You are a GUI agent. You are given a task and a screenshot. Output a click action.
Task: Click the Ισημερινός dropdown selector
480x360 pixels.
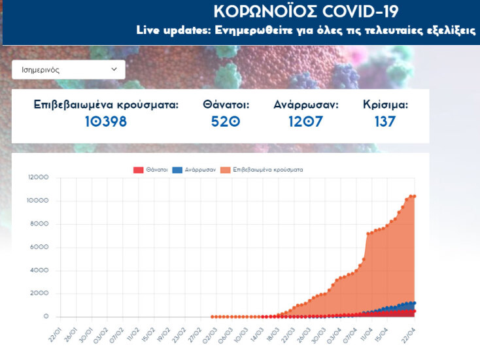(68, 69)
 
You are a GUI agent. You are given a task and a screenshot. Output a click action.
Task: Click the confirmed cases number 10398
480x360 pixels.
(105, 121)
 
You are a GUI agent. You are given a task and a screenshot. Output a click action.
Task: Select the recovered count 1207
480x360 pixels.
(305, 121)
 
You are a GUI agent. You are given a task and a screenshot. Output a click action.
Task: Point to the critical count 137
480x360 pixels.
(385, 121)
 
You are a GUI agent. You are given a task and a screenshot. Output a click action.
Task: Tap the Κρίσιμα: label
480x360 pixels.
(385, 105)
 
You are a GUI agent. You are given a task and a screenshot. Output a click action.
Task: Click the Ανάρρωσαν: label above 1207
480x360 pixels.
(306, 105)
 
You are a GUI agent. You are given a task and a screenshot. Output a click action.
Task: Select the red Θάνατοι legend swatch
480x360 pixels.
(138, 170)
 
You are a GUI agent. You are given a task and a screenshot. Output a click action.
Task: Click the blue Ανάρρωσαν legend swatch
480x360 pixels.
(177, 170)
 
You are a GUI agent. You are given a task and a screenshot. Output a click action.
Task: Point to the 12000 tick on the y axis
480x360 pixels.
(38, 177)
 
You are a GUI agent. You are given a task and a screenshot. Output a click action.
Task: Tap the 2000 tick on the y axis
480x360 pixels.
(40, 293)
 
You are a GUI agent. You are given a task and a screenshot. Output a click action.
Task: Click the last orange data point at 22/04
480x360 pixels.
(414, 196)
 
